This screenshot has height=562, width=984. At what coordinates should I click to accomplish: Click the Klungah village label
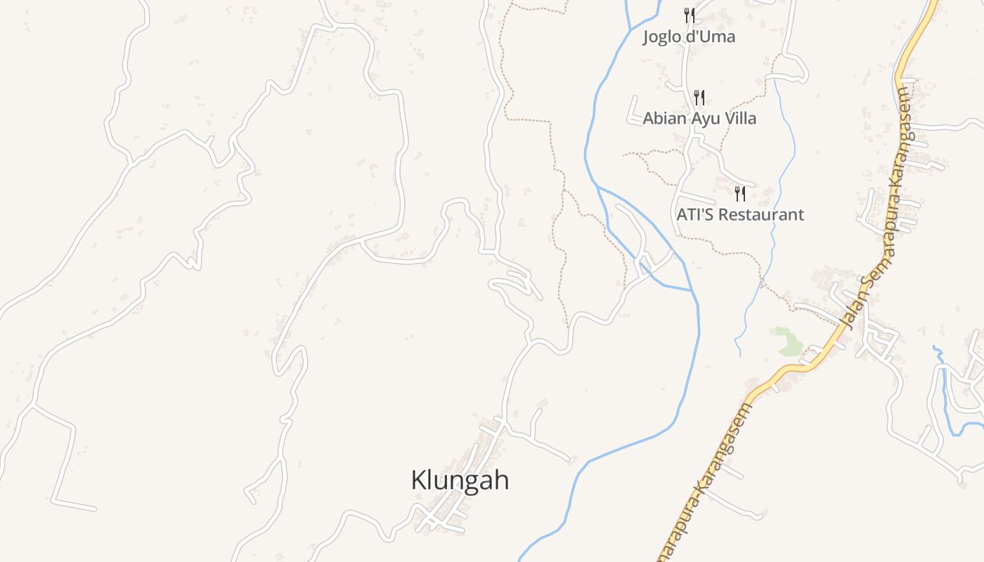pyautogui.click(x=460, y=481)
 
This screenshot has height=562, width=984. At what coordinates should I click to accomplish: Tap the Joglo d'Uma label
pyautogui.click(x=689, y=37)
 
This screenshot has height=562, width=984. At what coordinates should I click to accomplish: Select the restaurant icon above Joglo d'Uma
pyautogui.click(x=690, y=15)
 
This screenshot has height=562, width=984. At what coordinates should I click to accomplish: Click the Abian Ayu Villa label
pyautogui.click(x=699, y=118)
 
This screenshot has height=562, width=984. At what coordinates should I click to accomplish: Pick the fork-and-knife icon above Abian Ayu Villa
pyautogui.click(x=699, y=97)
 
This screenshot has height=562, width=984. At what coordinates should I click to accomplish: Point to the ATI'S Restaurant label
pyautogui.click(x=740, y=214)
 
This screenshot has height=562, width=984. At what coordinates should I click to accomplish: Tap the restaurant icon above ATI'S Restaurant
pyautogui.click(x=740, y=193)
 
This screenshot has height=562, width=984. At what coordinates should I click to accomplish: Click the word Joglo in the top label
pyautogui.click(x=661, y=37)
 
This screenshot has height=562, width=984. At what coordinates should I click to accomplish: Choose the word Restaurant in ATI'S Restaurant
pyautogui.click(x=760, y=214)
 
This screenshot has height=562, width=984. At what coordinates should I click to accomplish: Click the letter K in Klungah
pyautogui.click(x=417, y=481)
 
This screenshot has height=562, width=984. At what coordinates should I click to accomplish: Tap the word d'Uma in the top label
pyautogui.click(x=710, y=37)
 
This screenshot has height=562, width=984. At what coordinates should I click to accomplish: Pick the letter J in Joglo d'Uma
pyautogui.click(x=646, y=37)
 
